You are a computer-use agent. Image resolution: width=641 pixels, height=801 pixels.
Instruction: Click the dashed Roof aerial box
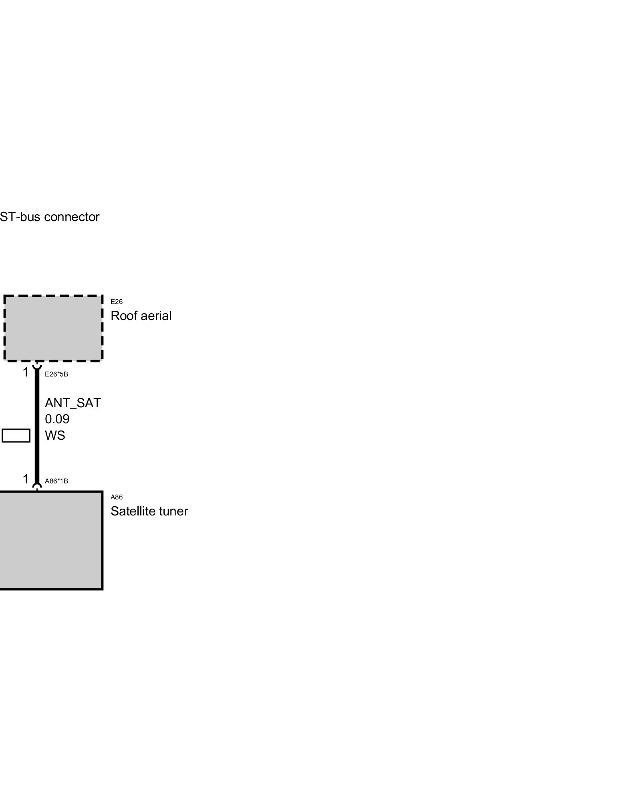coord(53,328)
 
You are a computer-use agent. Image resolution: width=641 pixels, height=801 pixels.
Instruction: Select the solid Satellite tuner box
coord(51,540)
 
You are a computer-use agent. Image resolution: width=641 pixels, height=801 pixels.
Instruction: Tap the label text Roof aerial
coord(141,316)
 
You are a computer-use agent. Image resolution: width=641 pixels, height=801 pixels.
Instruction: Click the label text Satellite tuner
coord(149,511)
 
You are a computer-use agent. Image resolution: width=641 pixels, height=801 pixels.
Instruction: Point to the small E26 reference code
coord(117,302)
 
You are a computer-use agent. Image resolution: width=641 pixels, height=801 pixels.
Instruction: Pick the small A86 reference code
coord(117,497)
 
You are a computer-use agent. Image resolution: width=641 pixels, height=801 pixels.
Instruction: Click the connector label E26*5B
coord(56,374)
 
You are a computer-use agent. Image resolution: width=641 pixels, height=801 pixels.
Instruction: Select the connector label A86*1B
coord(56,481)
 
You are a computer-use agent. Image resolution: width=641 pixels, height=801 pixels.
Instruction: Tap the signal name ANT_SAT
coord(73,403)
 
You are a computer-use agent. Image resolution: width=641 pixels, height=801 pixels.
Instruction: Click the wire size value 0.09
coord(57,419)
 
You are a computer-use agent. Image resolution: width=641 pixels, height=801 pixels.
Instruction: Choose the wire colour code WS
coord(55,435)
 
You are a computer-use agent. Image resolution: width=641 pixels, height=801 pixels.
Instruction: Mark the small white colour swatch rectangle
coord(16,435)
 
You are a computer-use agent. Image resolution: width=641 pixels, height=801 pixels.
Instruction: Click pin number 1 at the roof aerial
coord(26,372)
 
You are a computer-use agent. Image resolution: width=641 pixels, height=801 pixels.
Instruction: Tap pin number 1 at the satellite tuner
coord(26,479)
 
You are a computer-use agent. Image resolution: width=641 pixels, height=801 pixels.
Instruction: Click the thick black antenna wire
coord(37,425)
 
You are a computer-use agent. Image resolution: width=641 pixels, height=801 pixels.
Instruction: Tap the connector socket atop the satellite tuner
coord(37,487)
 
